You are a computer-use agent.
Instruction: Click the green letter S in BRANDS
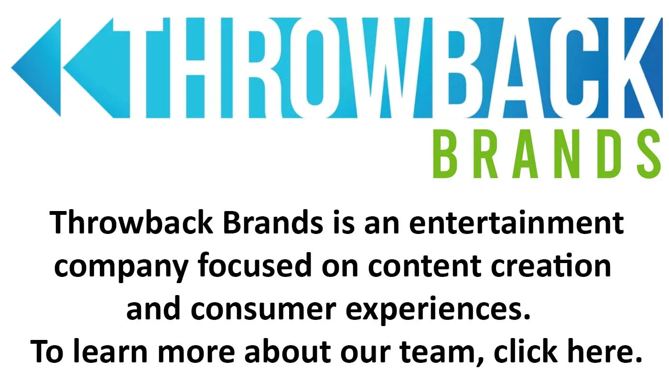tap(649, 154)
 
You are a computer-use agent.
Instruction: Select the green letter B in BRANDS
tap(445, 154)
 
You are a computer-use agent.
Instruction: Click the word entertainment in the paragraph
tap(516, 222)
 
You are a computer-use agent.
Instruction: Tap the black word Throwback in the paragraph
tap(131, 222)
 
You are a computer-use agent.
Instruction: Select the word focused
tap(255, 265)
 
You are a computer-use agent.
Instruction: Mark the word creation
tap(550, 265)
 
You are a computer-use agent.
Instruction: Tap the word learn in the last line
tap(110, 351)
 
